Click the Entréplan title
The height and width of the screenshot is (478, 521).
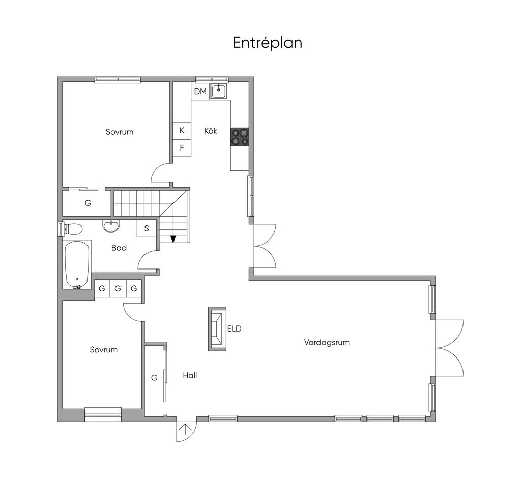coord(267,43)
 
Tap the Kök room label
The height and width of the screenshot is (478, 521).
coord(211,131)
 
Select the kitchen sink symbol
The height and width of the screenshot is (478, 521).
coord(219,91)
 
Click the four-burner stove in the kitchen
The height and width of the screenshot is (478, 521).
coord(240,137)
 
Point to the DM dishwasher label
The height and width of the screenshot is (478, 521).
coord(200,92)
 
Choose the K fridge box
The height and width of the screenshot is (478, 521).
coord(182,131)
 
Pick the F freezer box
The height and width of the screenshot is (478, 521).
coord(182,148)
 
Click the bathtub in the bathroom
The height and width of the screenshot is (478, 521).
coord(77,264)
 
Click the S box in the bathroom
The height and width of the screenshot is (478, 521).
coord(147,228)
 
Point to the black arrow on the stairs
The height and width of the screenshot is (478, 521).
coord(173,239)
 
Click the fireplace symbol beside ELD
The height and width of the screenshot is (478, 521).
coord(217,329)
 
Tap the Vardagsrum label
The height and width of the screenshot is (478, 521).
coord(327,342)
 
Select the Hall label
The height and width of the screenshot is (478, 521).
coord(190,376)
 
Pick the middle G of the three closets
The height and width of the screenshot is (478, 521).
coord(118,289)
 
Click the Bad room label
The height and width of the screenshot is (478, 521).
coord(119,248)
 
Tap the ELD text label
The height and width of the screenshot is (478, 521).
coord(234,329)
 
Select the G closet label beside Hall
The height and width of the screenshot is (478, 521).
coord(154,378)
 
